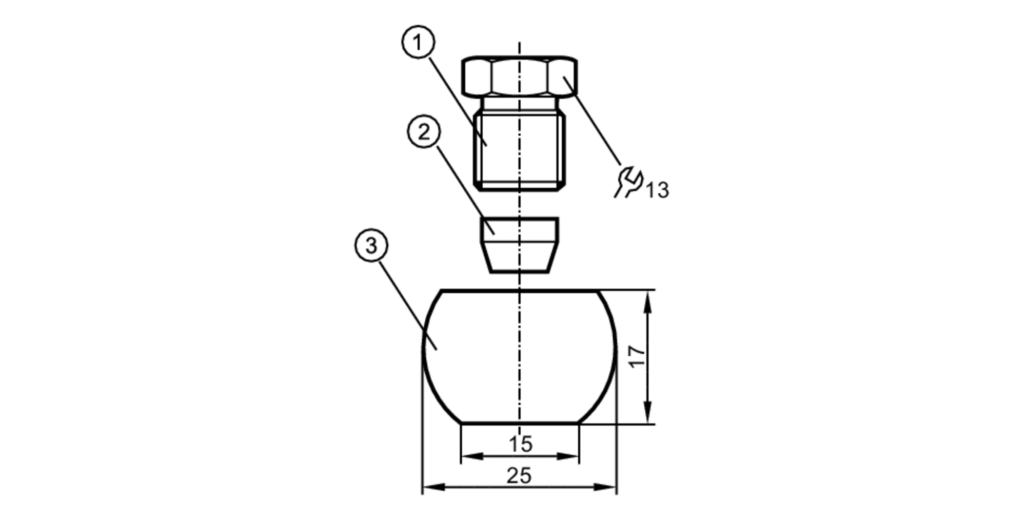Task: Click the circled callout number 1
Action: (418, 43)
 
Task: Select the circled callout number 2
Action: (424, 132)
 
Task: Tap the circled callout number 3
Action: (371, 245)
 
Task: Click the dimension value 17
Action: (637, 356)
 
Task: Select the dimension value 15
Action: (520, 444)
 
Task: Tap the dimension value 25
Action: (519, 476)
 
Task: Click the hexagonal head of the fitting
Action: (520, 76)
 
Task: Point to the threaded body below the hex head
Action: (520, 151)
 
